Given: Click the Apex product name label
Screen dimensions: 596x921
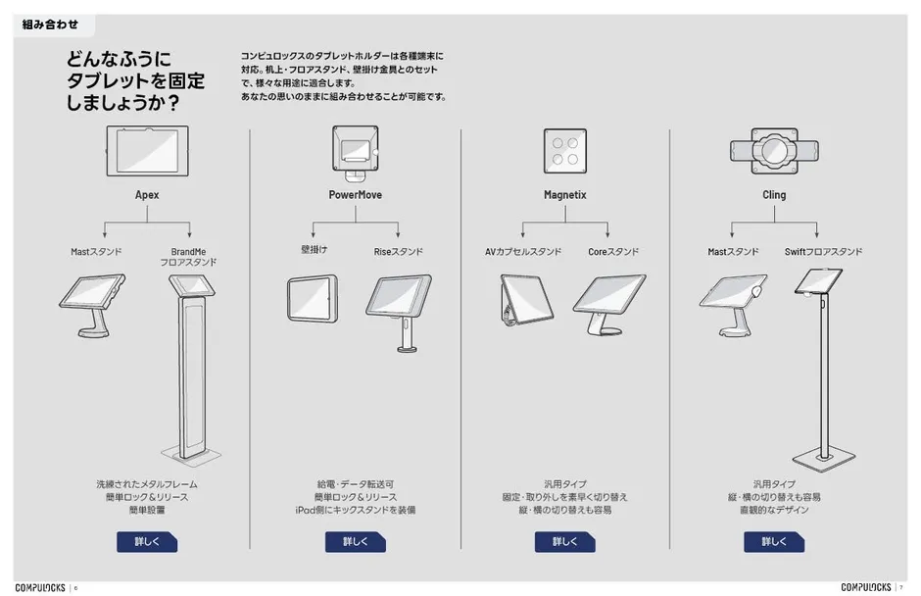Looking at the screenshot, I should [x=147, y=195].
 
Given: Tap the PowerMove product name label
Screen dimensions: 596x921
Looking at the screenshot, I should [x=355, y=195].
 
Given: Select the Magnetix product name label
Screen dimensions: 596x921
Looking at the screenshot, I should [x=564, y=195].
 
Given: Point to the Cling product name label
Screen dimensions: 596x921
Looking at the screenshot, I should [x=774, y=195].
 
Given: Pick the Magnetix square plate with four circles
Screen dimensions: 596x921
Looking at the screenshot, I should [x=564, y=149].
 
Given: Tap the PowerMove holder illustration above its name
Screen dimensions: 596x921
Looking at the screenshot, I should [x=355, y=152].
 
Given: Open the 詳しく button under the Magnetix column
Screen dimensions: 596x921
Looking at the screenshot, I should [x=564, y=541].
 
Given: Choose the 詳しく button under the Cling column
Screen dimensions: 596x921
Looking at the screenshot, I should [x=774, y=541].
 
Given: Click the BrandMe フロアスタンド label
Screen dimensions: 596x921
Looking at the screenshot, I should [x=188, y=257].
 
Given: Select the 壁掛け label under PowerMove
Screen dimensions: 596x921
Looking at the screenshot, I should [x=314, y=250].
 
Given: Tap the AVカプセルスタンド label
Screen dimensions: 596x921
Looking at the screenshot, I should [x=523, y=252].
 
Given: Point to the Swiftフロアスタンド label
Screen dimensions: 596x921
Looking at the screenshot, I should [x=823, y=252].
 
